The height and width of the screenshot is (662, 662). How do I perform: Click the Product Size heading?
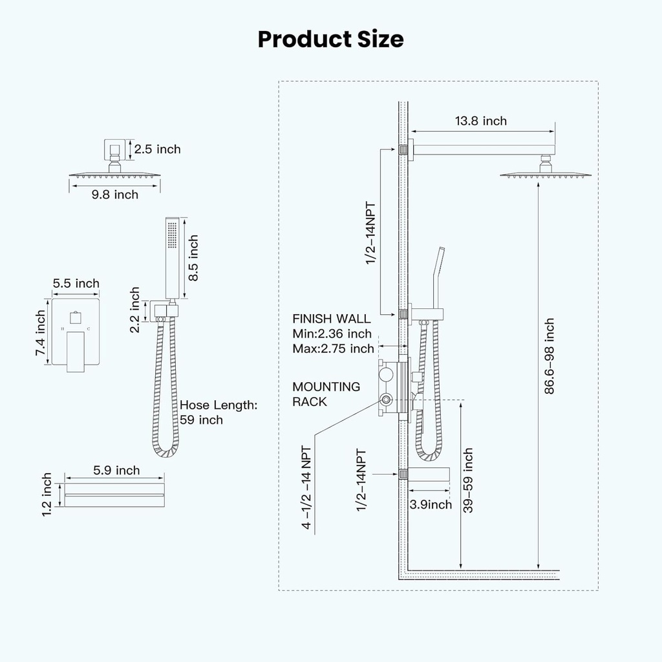(x=330, y=39)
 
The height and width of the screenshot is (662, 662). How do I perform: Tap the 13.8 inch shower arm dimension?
(x=480, y=121)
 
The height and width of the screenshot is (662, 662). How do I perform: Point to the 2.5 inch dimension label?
(x=157, y=149)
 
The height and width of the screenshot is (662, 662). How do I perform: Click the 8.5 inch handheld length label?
(x=193, y=258)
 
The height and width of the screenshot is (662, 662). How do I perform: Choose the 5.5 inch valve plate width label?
(x=76, y=283)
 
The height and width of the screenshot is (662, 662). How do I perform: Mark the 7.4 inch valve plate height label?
(x=40, y=333)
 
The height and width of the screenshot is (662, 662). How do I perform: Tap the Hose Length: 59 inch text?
(x=219, y=412)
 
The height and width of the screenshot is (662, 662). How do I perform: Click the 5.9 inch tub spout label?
(x=116, y=470)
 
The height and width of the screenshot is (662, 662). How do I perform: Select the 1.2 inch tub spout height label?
(x=47, y=495)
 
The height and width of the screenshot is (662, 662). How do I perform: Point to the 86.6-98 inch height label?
(x=549, y=356)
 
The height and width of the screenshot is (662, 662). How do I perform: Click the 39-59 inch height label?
(x=468, y=480)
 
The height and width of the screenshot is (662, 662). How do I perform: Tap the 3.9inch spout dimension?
(x=431, y=504)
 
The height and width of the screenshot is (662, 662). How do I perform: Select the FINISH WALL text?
(x=332, y=319)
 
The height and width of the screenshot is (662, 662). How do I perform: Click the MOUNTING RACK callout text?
(x=326, y=394)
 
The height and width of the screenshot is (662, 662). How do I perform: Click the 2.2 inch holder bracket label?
(x=134, y=310)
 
